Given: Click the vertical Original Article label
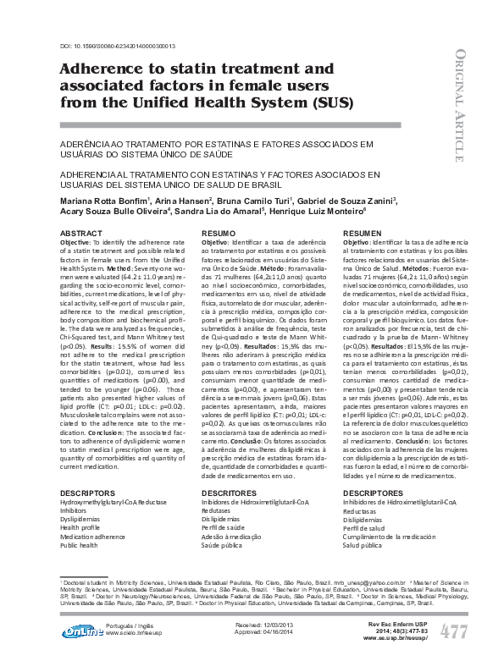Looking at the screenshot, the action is pos(458,106).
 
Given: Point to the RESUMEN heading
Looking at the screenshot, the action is pos(362,232).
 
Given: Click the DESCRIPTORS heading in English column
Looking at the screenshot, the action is pos(87,492).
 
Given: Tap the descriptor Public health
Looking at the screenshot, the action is pos(80,546).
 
